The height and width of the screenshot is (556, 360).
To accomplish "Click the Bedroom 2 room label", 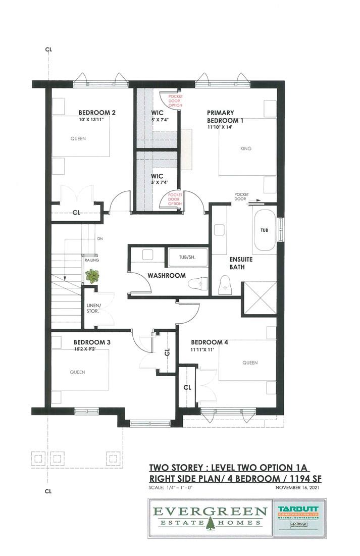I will pos(97,113).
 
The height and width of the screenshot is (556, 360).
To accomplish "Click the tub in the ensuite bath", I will pos(265,230).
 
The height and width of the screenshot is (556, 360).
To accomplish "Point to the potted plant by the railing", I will pos(92,276).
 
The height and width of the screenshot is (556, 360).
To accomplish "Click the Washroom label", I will pos(167,276).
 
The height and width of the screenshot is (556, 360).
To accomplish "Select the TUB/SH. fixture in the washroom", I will pos(186,257).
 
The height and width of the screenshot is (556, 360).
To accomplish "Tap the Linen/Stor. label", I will pos(93,308).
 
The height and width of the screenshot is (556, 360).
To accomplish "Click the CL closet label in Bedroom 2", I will pos(77,213).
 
